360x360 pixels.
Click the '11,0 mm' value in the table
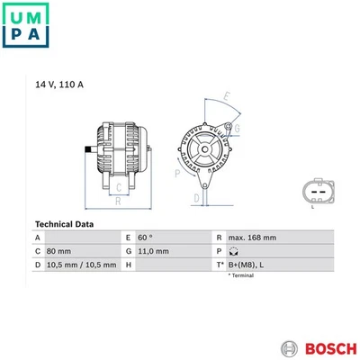(153, 251)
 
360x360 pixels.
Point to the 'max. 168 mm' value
(251, 238)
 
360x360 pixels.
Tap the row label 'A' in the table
(37, 238)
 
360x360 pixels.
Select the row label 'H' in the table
(129, 265)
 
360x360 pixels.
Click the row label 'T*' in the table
(220, 265)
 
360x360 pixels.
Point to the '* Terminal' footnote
(241, 275)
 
